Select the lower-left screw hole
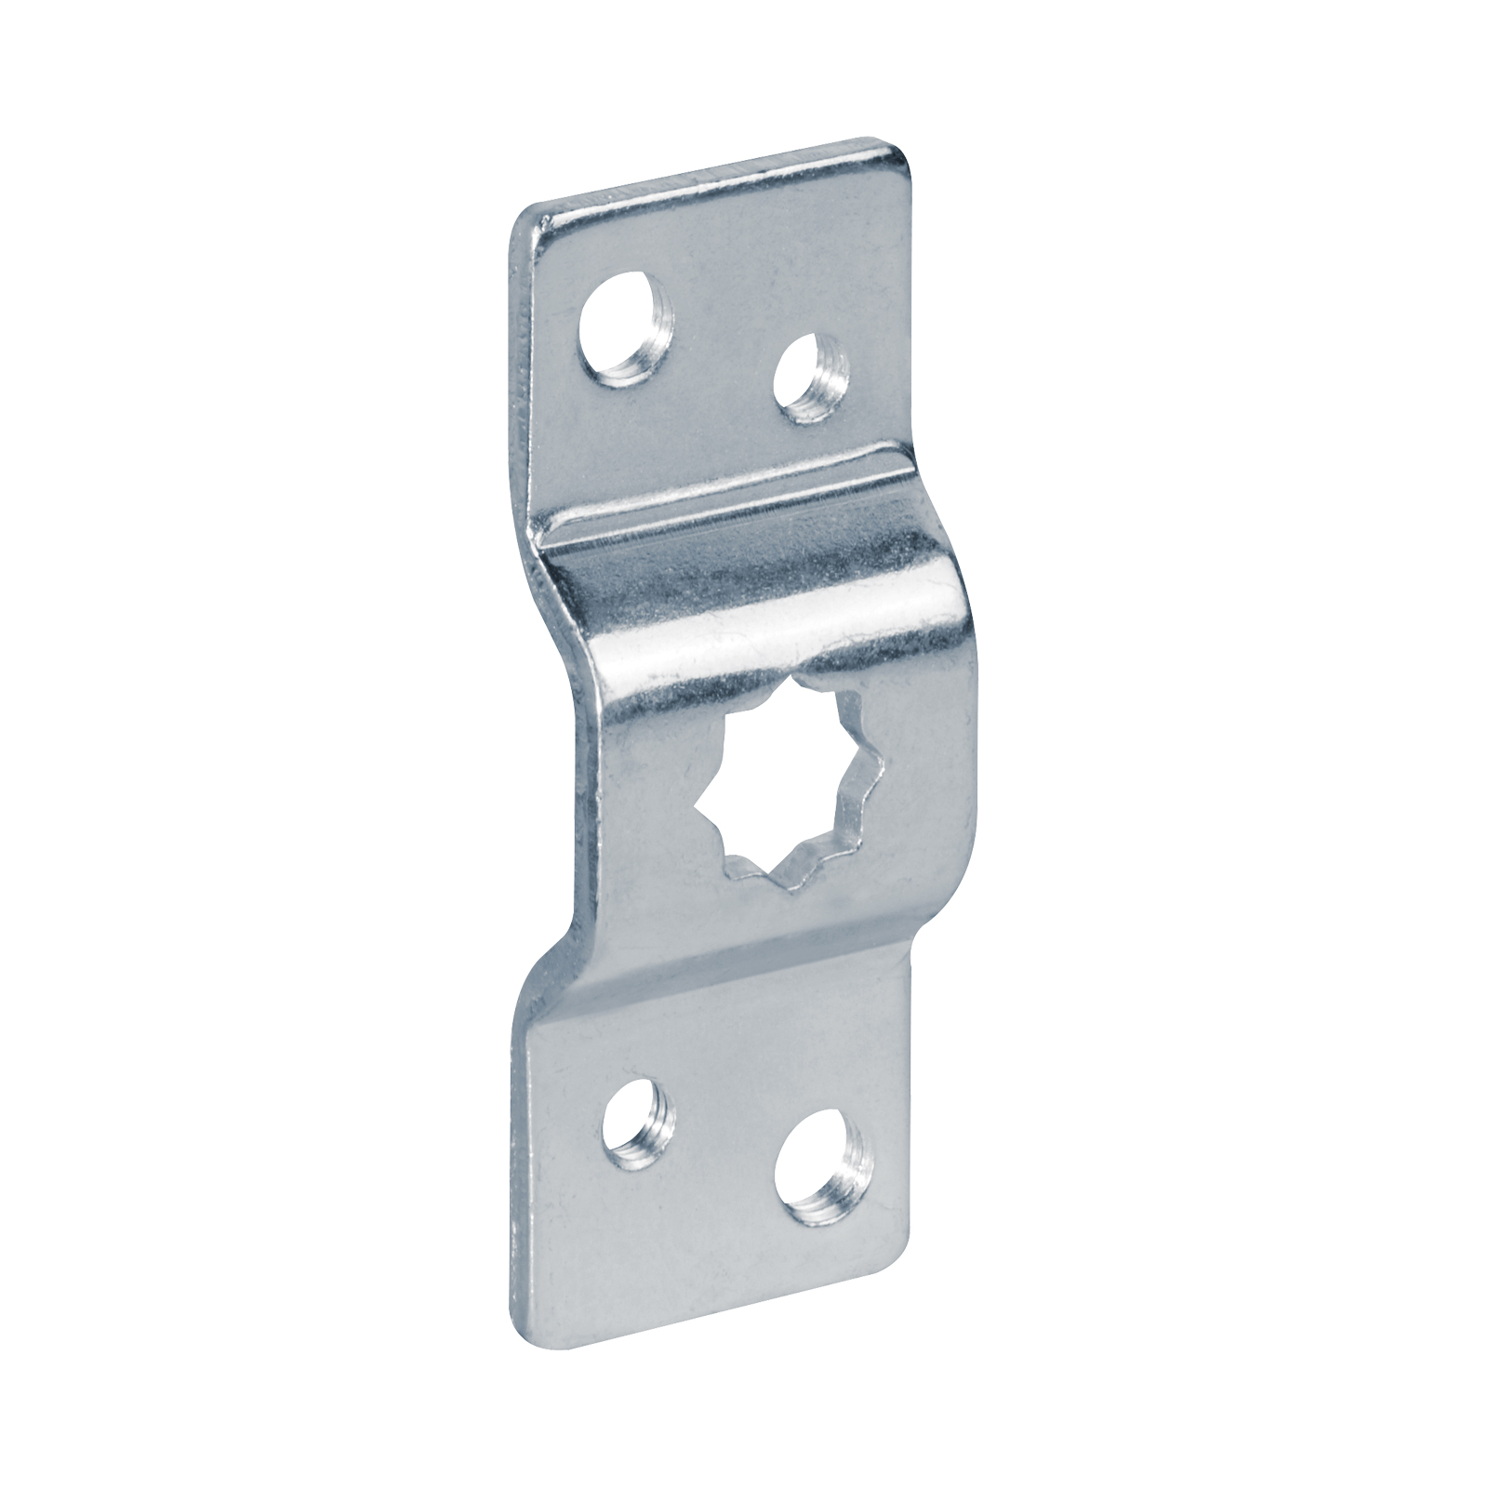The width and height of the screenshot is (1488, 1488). pyautogui.click(x=633, y=1116)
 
